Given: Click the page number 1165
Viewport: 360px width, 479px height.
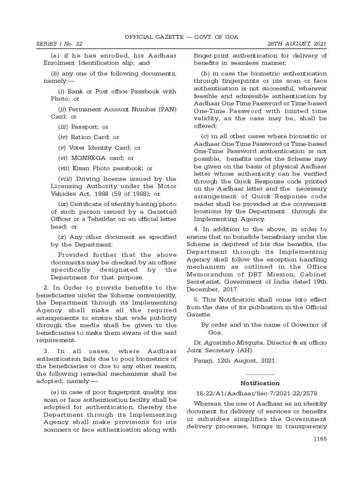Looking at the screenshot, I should (x=320, y=439).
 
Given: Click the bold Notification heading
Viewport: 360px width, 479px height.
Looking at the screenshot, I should (x=260, y=383).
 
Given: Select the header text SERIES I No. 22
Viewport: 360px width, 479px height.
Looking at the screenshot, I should (x=59, y=44).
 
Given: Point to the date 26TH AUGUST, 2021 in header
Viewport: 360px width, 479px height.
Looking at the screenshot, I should (x=297, y=44).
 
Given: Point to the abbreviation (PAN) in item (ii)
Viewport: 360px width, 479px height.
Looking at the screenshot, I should (x=167, y=109).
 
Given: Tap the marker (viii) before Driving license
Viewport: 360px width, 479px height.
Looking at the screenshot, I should (x=65, y=179).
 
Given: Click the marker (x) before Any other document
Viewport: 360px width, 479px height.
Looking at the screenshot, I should (x=62, y=237).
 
